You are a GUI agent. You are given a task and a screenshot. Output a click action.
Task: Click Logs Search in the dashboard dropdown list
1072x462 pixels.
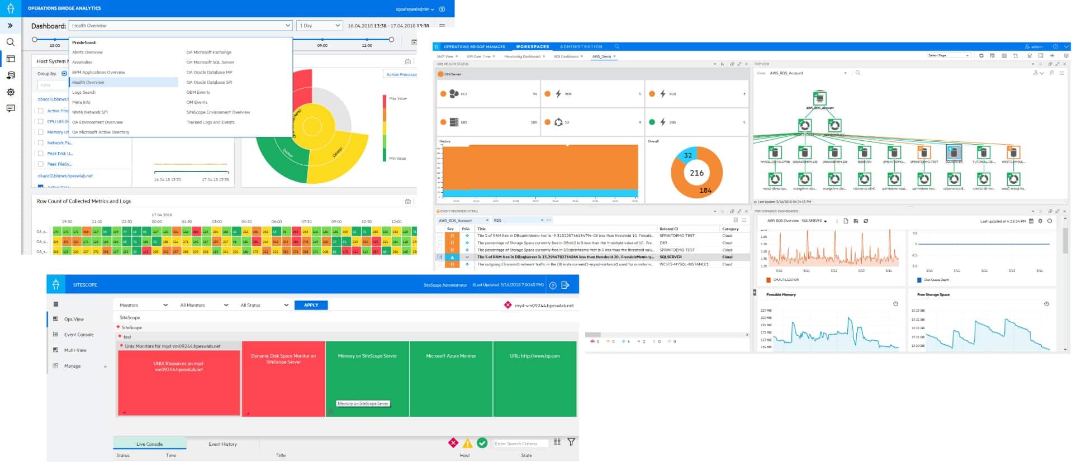(x=84, y=92)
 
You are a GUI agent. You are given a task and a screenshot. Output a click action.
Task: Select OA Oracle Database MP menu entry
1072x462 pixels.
(x=209, y=72)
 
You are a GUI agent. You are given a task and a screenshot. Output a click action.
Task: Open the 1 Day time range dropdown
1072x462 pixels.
(x=319, y=26)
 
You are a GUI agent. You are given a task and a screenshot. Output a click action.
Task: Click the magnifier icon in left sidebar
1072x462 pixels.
(x=11, y=42)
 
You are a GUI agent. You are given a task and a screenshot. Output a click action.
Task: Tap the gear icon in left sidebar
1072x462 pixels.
(x=11, y=92)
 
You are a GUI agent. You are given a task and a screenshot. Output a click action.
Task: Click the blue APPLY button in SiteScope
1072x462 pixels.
(x=311, y=305)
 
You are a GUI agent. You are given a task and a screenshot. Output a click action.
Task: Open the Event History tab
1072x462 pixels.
(x=222, y=444)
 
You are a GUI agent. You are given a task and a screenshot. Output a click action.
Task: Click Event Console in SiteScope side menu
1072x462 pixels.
(x=79, y=335)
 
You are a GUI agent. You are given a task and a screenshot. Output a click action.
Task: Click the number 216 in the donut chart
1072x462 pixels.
(x=696, y=173)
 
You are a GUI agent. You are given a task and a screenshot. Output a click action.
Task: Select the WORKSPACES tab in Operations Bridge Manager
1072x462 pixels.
(x=532, y=47)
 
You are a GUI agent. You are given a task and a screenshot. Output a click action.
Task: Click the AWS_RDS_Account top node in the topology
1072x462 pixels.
(x=819, y=99)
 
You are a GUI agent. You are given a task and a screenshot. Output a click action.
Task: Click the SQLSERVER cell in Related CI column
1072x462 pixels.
(x=670, y=257)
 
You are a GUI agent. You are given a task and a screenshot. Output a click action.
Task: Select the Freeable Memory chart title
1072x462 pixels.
(x=781, y=294)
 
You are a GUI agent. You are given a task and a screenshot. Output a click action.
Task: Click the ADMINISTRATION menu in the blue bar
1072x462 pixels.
(x=581, y=47)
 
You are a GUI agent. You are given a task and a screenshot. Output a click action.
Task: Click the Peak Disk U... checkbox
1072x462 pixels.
(x=40, y=154)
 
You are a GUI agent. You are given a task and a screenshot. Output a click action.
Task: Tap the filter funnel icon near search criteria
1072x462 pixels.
(x=571, y=442)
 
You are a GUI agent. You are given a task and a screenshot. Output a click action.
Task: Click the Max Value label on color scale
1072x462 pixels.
(x=397, y=99)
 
